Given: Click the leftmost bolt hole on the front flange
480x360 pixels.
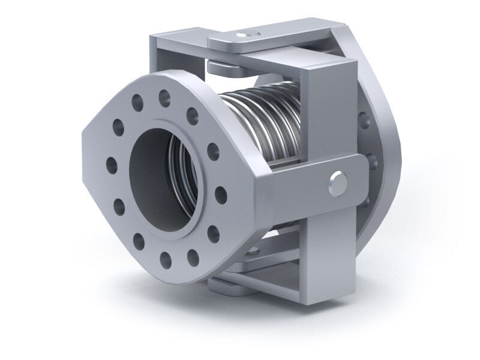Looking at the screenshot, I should point(110,162).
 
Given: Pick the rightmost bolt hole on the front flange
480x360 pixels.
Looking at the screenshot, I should point(220,193).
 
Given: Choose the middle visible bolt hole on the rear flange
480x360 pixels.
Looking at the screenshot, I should point(373,161).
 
